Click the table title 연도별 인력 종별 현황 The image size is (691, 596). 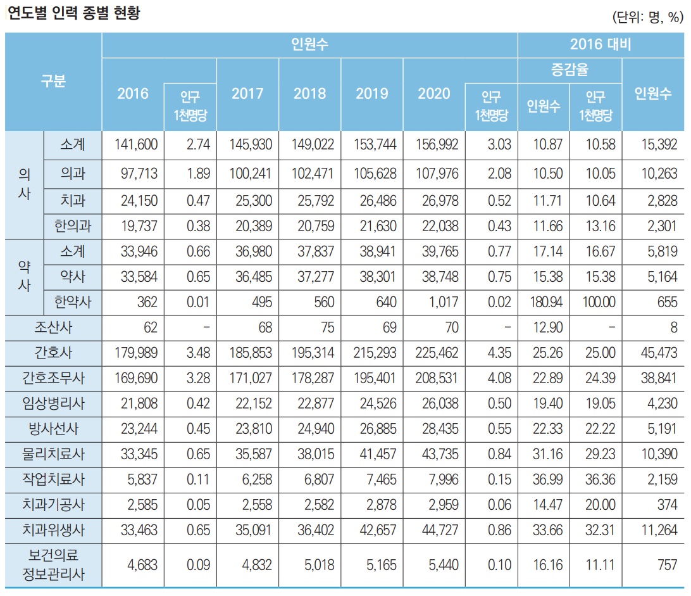pos(74,13)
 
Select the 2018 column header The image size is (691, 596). pos(309,94)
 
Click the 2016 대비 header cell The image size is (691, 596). pos(601,44)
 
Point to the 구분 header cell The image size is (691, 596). pos(53,81)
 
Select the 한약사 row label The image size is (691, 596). pos(72,303)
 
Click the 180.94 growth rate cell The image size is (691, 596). pos(544,303)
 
